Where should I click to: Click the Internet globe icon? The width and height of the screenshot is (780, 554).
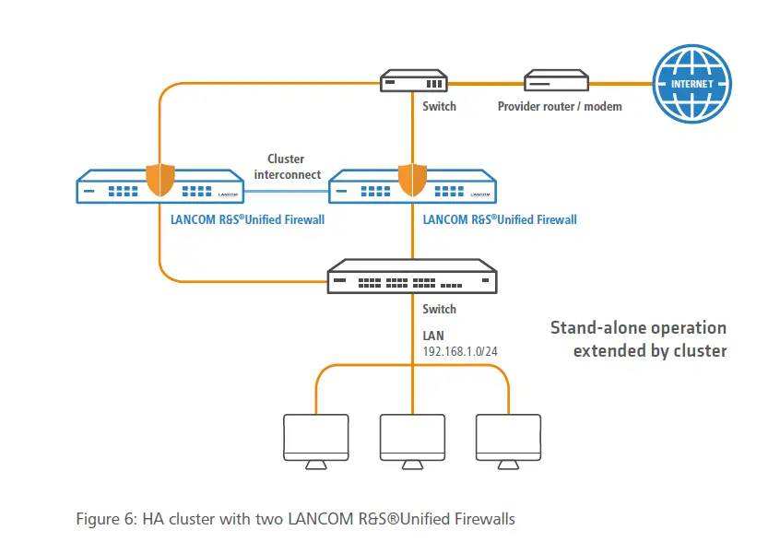(x=691, y=83)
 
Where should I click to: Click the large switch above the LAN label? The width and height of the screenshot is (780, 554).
(x=412, y=276)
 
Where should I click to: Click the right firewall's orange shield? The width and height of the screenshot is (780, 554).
(x=412, y=180)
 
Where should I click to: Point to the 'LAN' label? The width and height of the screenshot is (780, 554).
(x=433, y=336)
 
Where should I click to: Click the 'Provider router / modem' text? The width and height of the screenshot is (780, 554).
(x=560, y=107)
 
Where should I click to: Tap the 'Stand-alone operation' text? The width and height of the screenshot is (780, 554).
(x=638, y=328)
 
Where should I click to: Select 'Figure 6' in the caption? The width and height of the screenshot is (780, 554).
(x=104, y=519)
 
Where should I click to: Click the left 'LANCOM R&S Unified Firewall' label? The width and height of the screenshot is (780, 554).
(x=247, y=219)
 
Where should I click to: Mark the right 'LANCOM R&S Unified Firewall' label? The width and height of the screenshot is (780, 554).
(x=500, y=219)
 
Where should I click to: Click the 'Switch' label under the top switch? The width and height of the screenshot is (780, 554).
(x=439, y=107)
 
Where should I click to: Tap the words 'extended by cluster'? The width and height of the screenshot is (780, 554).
(x=649, y=350)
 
